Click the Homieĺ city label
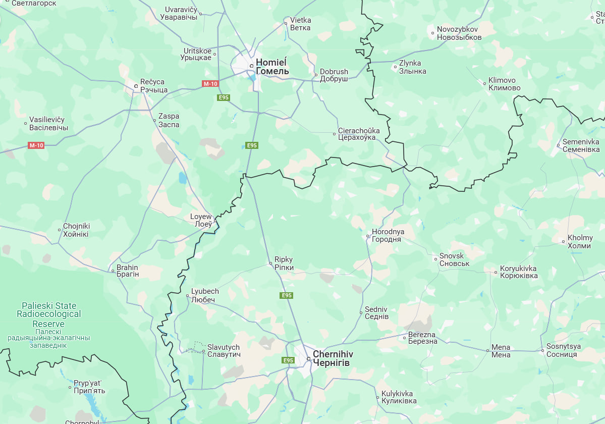pyautogui.click(x=272, y=67)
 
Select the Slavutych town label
pyautogui.click(x=224, y=351)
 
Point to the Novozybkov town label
pyautogui.click(x=459, y=33)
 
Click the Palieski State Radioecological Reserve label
pyautogui.click(x=49, y=314)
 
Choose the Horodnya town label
pyautogui.click(x=388, y=235)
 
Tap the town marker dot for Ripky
pyautogui.click(x=270, y=263)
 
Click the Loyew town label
pyautogui.click(x=201, y=221)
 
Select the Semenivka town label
pyautogui.click(x=581, y=146)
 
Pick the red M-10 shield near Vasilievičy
pyautogui.click(x=36, y=145)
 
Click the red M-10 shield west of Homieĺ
pyautogui.click(x=210, y=84)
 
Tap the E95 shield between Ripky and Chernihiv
pyautogui.click(x=287, y=295)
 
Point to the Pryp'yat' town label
pyautogui.click(x=89, y=387)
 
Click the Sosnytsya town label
pyautogui.click(x=564, y=350)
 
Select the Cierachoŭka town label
pyautogui.click(x=357, y=134)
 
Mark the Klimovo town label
pyautogui.click(x=504, y=84)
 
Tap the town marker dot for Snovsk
pyautogui.click(x=435, y=259)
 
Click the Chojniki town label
pyautogui.click(x=76, y=230)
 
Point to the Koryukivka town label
pyautogui.click(x=518, y=272)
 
